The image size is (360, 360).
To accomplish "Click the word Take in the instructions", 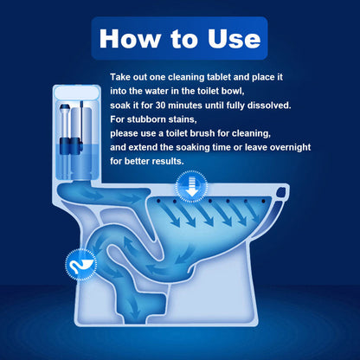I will point(124,77).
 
